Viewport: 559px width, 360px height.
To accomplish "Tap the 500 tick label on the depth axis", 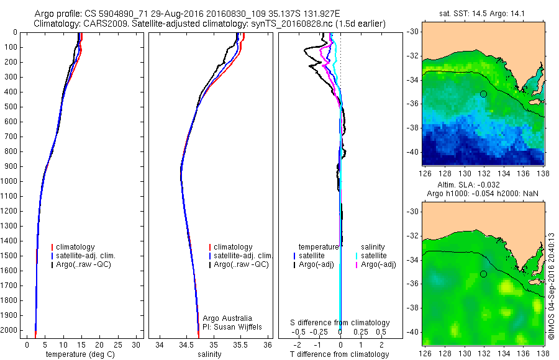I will [11, 107].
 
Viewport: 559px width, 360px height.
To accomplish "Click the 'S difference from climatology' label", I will [340, 323].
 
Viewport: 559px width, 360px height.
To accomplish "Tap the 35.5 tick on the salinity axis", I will [240, 344].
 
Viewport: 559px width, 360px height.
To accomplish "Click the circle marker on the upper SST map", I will [483, 94].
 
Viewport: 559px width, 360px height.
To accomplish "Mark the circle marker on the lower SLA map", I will [483, 274].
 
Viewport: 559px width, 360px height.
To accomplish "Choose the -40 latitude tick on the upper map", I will [412, 151].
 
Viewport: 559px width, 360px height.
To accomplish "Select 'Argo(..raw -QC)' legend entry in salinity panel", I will [241, 264].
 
